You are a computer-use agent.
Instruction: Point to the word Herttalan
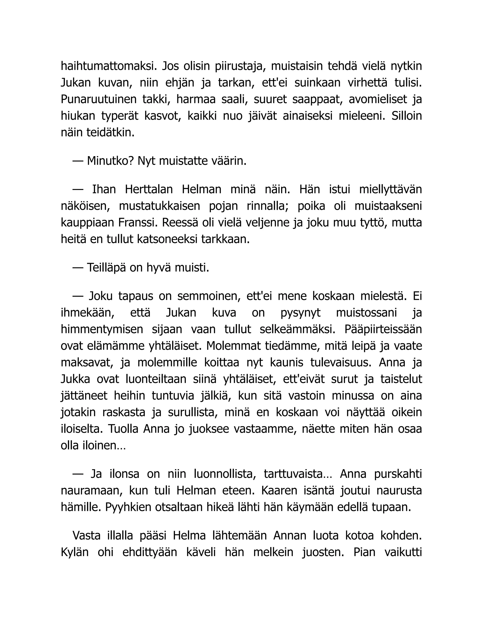pyautogui.click(x=149, y=189)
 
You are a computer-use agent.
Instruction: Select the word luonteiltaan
pyautogui.click(x=156, y=379)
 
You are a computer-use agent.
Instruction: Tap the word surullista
pyautogui.click(x=193, y=412)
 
